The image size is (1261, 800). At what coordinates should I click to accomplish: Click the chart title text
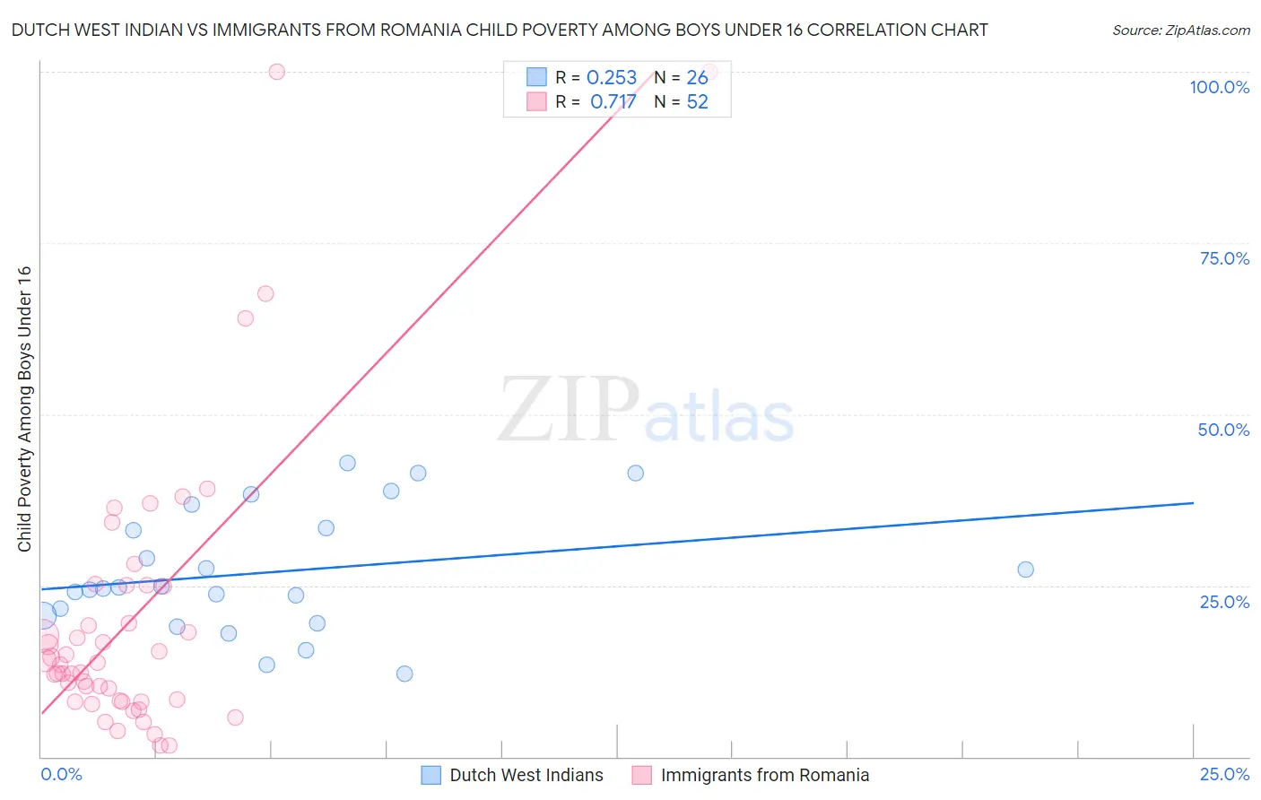point(500,30)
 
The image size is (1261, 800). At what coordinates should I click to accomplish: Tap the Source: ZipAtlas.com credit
point(1180,30)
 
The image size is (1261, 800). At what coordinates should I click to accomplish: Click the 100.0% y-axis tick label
point(1219,87)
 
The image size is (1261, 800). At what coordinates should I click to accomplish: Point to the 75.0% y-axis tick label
point(1224,258)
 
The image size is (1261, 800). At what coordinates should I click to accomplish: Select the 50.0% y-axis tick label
point(1223,430)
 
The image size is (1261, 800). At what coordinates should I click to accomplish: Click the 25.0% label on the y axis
point(1224,602)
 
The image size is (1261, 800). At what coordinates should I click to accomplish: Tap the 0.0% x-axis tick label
point(61,774)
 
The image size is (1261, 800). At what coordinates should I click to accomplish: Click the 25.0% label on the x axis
point(1224,774)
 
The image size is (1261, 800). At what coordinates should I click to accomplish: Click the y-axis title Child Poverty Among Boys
point(24,409)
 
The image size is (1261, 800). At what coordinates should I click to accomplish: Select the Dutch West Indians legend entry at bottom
point(526,775)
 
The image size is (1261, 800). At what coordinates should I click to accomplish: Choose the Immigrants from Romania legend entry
point(764,775)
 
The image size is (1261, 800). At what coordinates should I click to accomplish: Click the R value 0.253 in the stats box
point(612,78)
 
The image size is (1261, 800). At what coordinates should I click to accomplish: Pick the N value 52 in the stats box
point(697,102)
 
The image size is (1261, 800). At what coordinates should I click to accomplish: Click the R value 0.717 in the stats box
point(613,102)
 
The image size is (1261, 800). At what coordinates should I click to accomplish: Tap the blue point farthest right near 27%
point(1025,570)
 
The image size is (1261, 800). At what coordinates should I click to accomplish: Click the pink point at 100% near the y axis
point(276,72)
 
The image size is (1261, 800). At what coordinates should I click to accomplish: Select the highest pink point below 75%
point(265,294)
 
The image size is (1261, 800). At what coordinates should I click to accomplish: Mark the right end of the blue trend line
point(1193,503)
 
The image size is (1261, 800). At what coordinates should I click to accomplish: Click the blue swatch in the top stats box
point(536,77)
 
